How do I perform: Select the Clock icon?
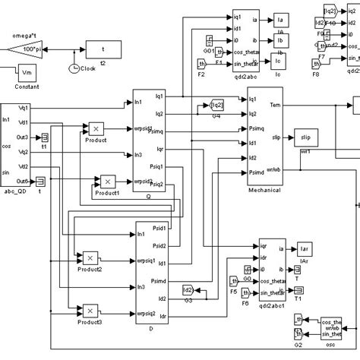(74, 68)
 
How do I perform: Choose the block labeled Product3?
(89, 310)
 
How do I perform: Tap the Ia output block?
(279, 18)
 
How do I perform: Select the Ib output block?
(279, 39)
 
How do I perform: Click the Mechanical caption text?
(264, 191)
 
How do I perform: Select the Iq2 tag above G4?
(216, 105)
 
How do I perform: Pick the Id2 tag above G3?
(188, 289)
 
